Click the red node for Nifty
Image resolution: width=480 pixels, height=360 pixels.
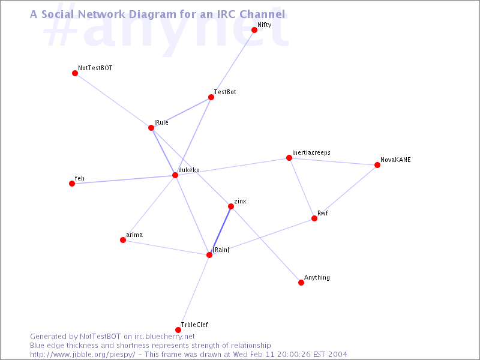coord(254,29)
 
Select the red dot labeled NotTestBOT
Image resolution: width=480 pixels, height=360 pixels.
coord(75,73)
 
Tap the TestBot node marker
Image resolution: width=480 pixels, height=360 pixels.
coord(211,97)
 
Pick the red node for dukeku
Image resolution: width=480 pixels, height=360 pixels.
coord(175,175)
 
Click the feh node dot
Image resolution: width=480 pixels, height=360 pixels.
coord(72,184)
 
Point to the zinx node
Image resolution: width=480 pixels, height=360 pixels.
coord(231,206)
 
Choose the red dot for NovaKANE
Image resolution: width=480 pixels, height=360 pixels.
coord(377,165)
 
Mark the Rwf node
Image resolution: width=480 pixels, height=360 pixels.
coord(314,218)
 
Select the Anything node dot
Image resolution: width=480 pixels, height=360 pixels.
coord(301,282)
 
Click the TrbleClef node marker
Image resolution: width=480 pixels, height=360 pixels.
coord(178,329)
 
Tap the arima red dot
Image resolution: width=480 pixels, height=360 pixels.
coord(123,240)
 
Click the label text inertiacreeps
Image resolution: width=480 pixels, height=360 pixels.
coord(311,152)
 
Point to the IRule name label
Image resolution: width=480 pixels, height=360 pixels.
coord(161,122)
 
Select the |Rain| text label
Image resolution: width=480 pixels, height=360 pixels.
coord(221,250)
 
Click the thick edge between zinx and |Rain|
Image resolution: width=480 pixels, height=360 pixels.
coord(220,230)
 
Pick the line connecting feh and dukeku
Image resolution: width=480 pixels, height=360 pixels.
coord(124,179)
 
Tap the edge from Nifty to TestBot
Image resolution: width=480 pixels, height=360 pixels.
coord(233,64)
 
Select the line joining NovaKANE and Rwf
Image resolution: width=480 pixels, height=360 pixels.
coord(346,191)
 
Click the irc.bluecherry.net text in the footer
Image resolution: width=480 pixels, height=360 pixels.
coord(164,337)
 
